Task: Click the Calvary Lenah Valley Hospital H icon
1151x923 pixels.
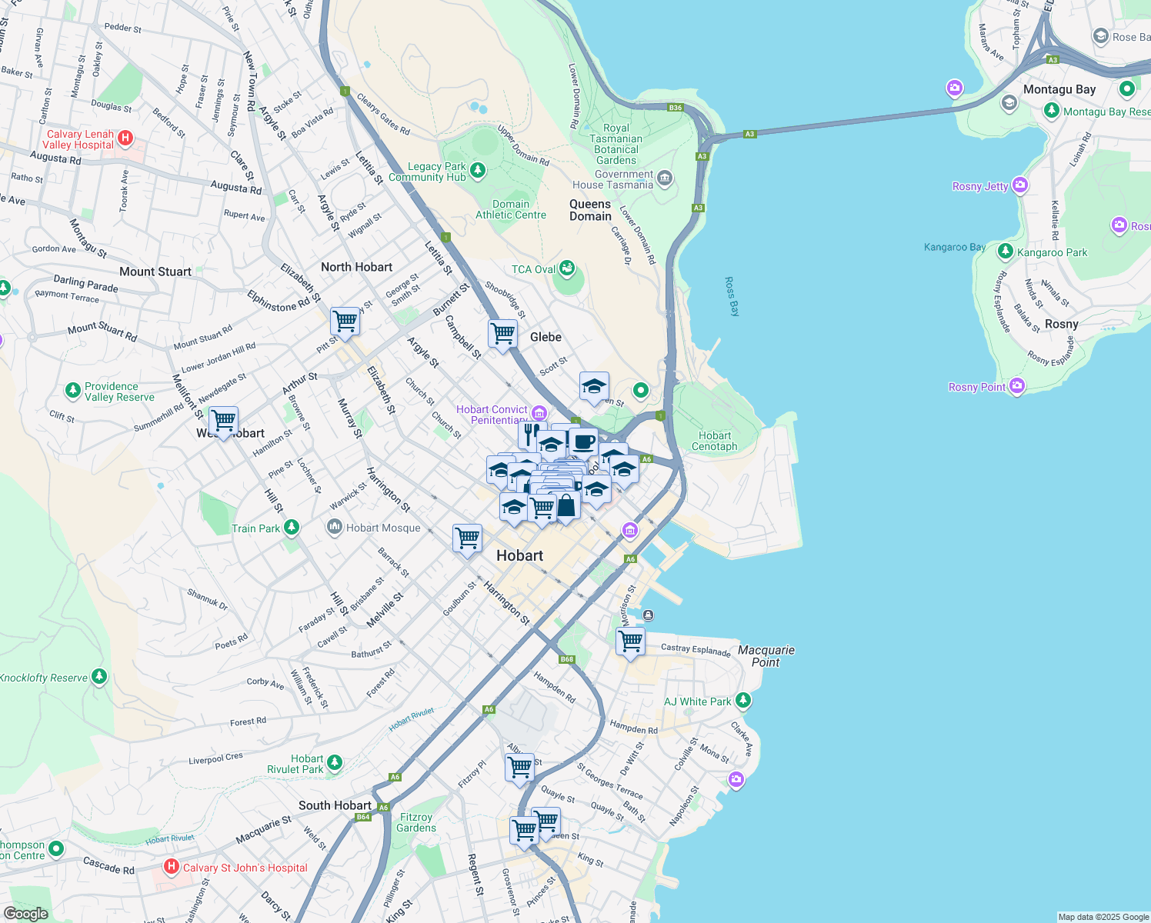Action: pyautogui.click(x=125, y=138)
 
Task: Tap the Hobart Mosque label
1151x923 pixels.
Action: pyautogui.click(x=383, y=528)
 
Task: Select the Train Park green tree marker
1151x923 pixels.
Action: pyautogui.click(x=291, y=528)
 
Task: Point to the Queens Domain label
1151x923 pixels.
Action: pyautogui.click(x=590, y=210)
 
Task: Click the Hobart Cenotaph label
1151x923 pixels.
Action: pyautogui.click(x=714, y=441)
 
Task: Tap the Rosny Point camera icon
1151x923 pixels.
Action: pyautogui.click(x=1017, y=386)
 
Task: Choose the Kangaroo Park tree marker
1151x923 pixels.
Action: pyautogui.click(x=1005, y=252)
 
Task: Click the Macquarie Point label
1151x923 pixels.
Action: pyautogui.click(x=766, y=656)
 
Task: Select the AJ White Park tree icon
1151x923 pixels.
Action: pyautogui.click(x=742, y=701)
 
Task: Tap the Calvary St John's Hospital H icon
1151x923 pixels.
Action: pyautogui.click(x=172, y=867)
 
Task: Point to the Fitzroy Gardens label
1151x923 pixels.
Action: pyautogui.click(x=416, y=822)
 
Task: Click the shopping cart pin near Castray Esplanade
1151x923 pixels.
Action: pyautogui.click(x=630, y=641)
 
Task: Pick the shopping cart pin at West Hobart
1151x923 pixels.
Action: pyautogui.click(x=223, y=421)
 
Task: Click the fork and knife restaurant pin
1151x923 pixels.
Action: pyautogui.click(x=530, y=435)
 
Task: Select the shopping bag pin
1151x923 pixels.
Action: pyautogui.click(x=566, y=506)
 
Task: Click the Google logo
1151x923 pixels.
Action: pyautogui.click(x=26, y=914)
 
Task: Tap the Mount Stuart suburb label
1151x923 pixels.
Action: pyautogui.click(x=155, y=272)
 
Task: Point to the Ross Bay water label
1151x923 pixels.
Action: pyautogui.click(x=732, y=297)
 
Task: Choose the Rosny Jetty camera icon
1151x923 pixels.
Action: pyautogui.click(x=1020, y=185)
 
